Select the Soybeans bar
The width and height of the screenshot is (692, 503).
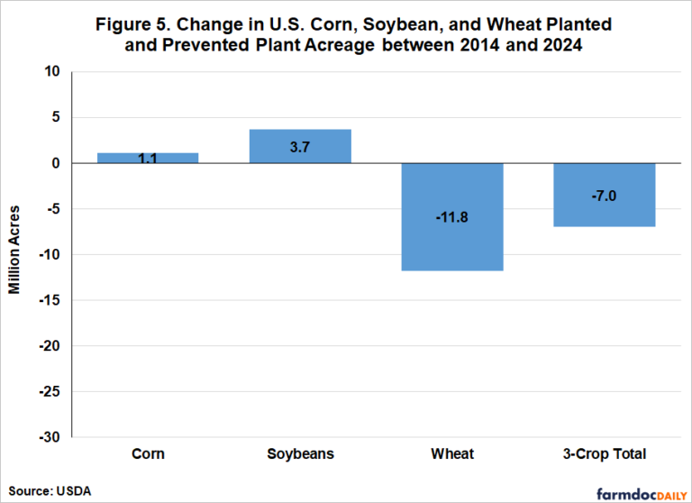(x=300, y=147)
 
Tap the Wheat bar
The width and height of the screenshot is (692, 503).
(x=451, y=216)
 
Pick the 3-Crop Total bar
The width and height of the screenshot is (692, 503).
(x=604, y=195)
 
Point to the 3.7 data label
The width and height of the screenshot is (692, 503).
(x=300, y=146)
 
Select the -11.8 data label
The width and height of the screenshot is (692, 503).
(x=451, y=216)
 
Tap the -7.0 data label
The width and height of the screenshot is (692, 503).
(x=604, y=195)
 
